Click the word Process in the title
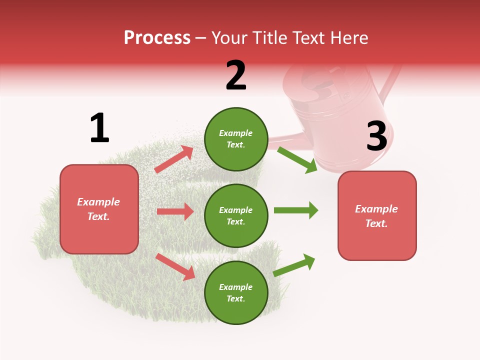click(157, 38)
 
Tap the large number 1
click(99, 128)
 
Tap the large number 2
click(236, 75)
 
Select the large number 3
click(376, 136)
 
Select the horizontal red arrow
click(175, 211)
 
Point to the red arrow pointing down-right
click(175, 266)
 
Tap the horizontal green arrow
click(295, 210)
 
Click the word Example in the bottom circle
click(236, 287)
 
